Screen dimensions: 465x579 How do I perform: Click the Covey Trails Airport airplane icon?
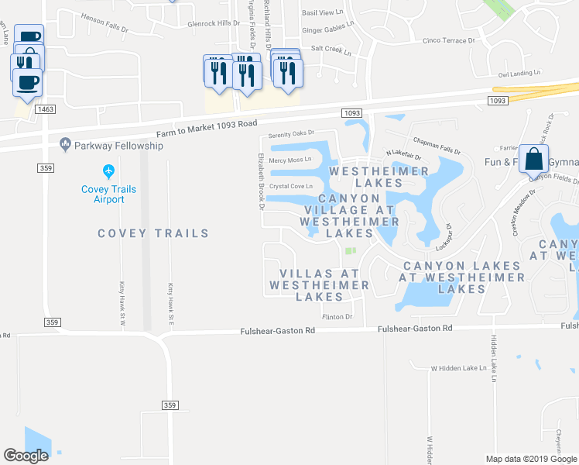coord(108,170)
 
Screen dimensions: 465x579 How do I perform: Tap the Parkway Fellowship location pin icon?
coord(65,144)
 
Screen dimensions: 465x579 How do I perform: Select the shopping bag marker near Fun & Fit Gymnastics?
coord(533,160)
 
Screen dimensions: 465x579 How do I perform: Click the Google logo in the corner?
coord(26,456)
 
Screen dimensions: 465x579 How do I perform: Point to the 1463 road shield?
coord(45,110)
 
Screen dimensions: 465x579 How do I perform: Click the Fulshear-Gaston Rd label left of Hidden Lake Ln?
coord(414,329)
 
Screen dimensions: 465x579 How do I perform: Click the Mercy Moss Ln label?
coord(290,160)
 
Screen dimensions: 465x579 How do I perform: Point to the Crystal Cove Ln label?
coord(291,186)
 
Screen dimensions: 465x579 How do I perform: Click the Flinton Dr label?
coord(337,316)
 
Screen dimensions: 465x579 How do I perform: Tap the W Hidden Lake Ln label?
coord(457,368)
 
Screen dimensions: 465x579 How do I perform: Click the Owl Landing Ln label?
coord(519,73)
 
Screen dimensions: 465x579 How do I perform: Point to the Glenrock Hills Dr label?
coord(214,23)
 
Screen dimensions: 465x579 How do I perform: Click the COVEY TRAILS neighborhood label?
coord(153,233)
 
